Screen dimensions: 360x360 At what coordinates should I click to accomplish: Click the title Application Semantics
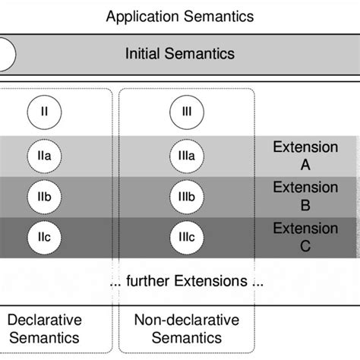click(x=180, y=15)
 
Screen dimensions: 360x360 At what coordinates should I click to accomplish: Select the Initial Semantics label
click(x=180, y=54)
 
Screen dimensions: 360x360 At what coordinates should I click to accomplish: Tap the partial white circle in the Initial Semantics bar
click(x=6, y=54)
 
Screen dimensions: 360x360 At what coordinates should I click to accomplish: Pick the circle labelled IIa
click(x=44, y=156)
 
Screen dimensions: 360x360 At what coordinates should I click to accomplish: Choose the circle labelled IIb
click(x=44, y=197)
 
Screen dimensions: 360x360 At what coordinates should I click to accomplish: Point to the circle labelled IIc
click(x=44, y=238)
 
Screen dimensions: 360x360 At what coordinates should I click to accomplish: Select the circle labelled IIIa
click(x=186, y=156)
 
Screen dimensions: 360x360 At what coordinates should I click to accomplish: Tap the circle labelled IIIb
click(x=186, y=197)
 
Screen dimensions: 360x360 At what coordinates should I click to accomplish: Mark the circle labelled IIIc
click(x=186, y=238)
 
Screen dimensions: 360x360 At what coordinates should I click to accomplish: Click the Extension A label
click(x=305, y=156)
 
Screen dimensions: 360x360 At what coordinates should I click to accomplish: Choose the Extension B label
click(x=305, y=196)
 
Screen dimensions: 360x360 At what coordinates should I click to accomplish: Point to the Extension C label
click(x=305, y=237)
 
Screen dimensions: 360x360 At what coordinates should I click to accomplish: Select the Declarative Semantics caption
click(x=44, y=329)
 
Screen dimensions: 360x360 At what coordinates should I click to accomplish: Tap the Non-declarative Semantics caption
click(x=186, y=329)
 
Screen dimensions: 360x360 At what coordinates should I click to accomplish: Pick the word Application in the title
click(x=140, y=15)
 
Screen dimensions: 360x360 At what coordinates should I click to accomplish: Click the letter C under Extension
click(x=305, y=246)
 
